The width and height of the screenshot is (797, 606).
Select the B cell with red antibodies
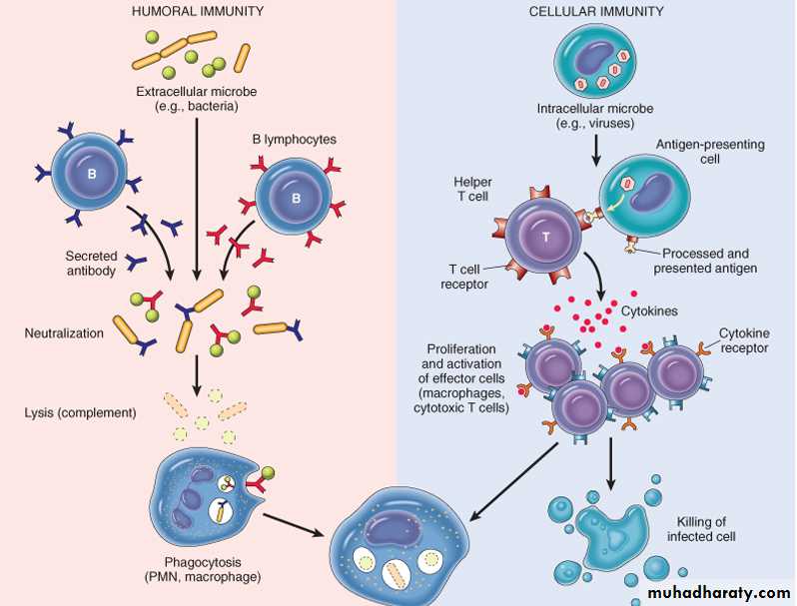tap(295, 197)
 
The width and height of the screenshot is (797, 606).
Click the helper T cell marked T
tap(545, 236)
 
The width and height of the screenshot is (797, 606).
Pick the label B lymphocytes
tap(294, 140)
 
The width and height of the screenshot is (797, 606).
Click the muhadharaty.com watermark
tap(711, 592)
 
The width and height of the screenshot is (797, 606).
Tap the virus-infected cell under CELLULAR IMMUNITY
tap(596, 61)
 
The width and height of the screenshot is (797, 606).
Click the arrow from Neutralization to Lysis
tap(198, 376)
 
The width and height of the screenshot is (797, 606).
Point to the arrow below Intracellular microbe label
tap(596, 149)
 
